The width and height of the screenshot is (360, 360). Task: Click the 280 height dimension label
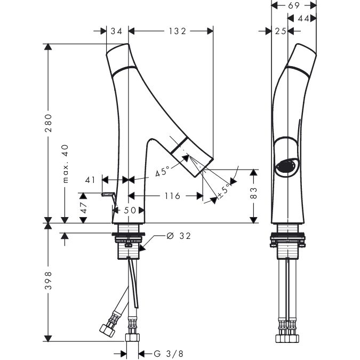point(48,124)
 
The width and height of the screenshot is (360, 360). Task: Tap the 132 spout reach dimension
point(173,31)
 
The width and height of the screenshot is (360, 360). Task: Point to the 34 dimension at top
point(116,31)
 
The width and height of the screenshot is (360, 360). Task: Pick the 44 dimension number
point(303,18)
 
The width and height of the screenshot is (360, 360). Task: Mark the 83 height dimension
point(254,193)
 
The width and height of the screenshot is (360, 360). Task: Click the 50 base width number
point(130,210)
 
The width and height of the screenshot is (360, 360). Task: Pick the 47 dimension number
point(83,207)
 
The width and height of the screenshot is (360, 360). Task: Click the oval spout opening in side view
point(287,166)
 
